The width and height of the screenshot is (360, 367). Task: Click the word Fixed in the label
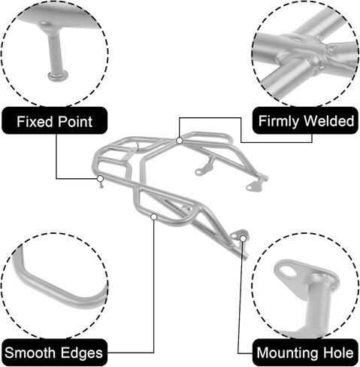click(x=35, y=122)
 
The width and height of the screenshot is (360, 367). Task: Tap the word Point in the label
click(x=74, y=122)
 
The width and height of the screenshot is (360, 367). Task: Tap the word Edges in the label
click(x=82, y=353)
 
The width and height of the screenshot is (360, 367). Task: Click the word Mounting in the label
click(x=289, y=353)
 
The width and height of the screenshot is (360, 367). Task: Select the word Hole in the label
click(x=338, y=353)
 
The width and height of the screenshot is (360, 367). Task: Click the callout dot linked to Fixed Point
click(x=100, y=179)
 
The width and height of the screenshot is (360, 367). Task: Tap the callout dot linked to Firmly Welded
click(x=180, y=141)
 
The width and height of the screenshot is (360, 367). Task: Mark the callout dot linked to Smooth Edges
click(x=154, y=217)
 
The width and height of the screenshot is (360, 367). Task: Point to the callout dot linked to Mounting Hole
click(x=243, y=238)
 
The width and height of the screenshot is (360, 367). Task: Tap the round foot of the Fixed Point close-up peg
click(x=58, y=75)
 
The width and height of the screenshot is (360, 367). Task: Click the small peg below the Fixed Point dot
click(x=101, y=185)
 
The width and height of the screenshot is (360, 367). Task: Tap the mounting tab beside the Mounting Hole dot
click(x=237, y=235)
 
